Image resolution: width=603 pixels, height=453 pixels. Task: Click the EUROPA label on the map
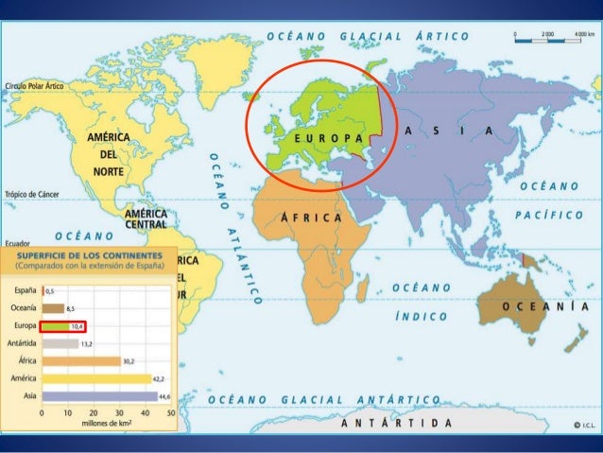[329, 138]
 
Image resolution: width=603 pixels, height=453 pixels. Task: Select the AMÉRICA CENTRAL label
[146, 219]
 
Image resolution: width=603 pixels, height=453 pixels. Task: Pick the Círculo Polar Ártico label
[35, 85]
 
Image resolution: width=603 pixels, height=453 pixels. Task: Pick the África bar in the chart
[80, 360]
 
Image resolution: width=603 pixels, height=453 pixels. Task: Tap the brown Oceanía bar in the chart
[53, 307]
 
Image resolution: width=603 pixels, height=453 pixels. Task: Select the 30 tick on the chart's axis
[119, 413]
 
